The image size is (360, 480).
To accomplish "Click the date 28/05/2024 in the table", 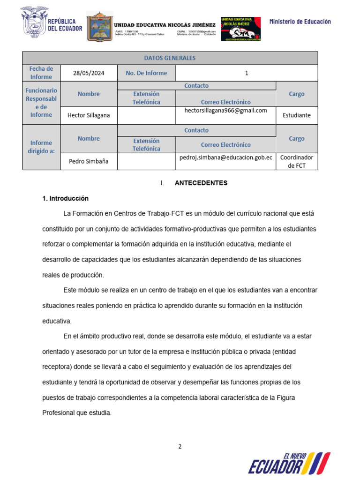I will click(89, 73).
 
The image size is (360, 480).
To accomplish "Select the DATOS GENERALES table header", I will click(170, 58).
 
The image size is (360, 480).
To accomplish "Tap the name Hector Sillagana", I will click(89, 115).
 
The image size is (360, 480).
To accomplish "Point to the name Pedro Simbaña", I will click(89, 161).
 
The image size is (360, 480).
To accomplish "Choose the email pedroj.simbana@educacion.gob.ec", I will click(225, 157).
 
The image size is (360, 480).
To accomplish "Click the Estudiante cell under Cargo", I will click(297, 115).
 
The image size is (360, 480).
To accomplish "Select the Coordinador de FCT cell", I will click(297, 161).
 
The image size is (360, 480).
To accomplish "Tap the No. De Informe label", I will click(146, 73).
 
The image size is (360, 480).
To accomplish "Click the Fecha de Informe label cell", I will click(41, 73).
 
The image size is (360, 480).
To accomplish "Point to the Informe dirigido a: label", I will click(41, 147).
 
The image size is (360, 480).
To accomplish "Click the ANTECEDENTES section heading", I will click(201, 183).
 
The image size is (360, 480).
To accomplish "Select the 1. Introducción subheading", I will click(65, 199).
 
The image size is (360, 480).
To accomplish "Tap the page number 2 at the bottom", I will click(180, 447).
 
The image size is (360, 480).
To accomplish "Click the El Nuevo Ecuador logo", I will click(289, 463).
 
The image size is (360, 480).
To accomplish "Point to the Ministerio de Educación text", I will click(300, 22).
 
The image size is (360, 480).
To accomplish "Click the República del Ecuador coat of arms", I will click(34, 22).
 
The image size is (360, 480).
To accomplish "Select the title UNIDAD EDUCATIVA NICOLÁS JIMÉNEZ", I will click(165, 25).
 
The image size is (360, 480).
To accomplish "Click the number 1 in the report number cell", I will click(247, 73).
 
